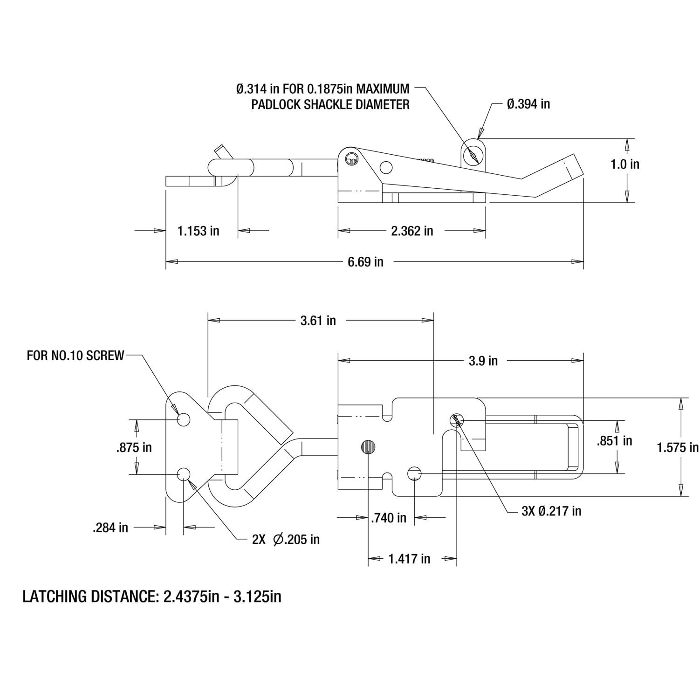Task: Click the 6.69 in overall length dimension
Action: point(365,262)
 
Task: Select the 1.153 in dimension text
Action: point(198,231)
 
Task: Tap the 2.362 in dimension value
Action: point(412,231)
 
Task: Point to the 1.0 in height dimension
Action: point(625,164)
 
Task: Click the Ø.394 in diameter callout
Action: point(528,104)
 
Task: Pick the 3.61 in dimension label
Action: point(318,321)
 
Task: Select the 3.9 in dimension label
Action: point(483,361)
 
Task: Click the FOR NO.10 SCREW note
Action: point(75,356)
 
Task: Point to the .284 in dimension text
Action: point(110,528)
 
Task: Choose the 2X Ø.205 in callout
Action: point(286,539)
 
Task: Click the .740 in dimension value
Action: point(389,517)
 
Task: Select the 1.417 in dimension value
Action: point(409,558)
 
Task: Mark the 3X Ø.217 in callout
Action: point(551,511)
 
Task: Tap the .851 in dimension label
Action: point(615,441)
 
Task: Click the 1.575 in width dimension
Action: point(678,447)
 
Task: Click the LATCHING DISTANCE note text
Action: point(152,596)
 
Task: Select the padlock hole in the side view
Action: point(473,155)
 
